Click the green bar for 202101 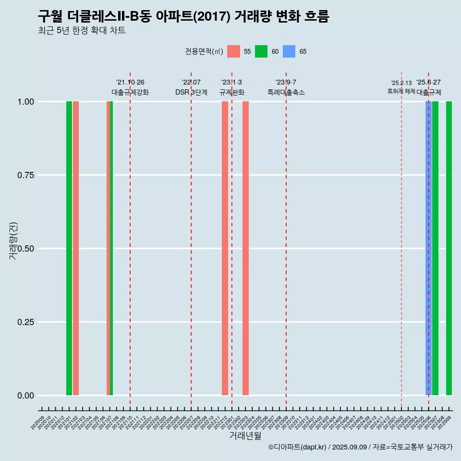point(69,248)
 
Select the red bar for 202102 point(76,248)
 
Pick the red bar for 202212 point(225,248)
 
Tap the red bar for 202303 point(245,248)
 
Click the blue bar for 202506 point(428,248)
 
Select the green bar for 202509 point(449,248)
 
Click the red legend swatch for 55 point(233,51)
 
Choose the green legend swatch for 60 point(261,51)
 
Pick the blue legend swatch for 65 point(289,51)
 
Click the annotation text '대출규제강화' point(130,92)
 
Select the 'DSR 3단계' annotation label point(191,92)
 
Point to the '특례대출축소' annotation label point(286,92)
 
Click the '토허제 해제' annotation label point(401,91)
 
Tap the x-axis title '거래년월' point(245,436)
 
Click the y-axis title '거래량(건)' point(13,240)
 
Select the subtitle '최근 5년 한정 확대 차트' point(82,31)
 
